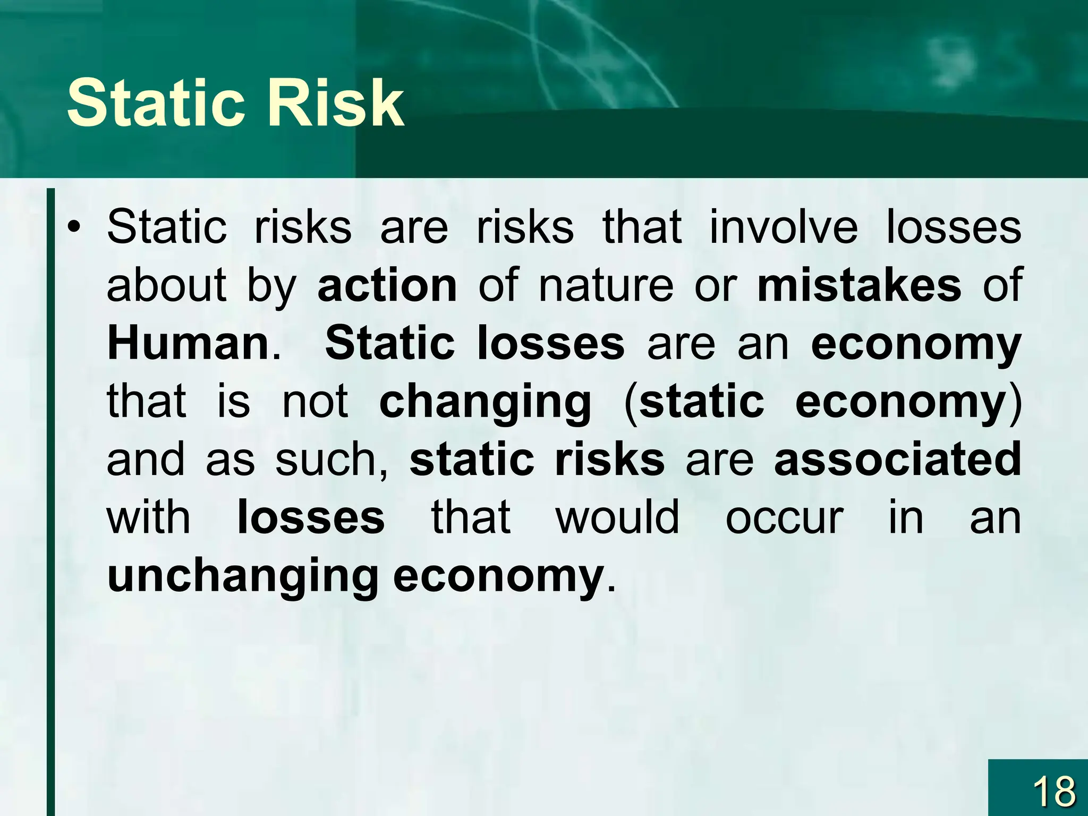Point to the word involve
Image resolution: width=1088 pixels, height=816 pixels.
(x=783, y=227)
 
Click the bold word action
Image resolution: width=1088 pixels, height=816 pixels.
(x=387, y=285)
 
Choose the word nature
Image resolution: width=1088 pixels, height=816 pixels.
(x=606, y=285)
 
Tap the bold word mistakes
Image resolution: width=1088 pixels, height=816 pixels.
(x=858, y=285)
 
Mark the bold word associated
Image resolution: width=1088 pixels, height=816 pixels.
(x=897, y=459)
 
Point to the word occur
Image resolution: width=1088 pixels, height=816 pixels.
(x=784, y=518)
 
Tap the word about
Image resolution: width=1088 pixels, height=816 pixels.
(x=166, y=285)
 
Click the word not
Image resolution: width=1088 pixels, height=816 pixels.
(x=314, y=401)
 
